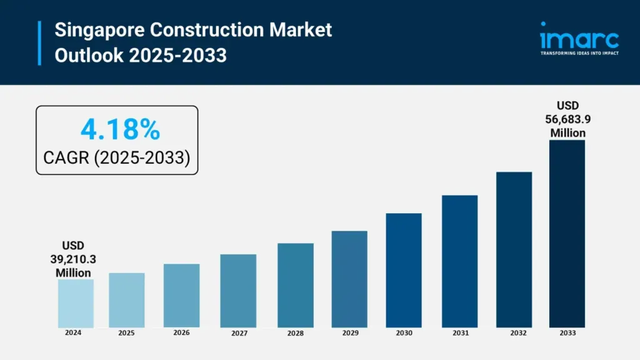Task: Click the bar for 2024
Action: (76, 303)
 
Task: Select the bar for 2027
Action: (238, 291)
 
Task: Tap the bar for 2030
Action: (404, 270)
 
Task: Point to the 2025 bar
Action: (127, 300)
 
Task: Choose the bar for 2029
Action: (349, 279)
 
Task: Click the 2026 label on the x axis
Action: (181, 333)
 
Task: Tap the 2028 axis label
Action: (296, 334)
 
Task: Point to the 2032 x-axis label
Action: (514, 334)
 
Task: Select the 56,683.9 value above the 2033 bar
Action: (567, 119)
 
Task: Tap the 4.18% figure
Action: (120, 129)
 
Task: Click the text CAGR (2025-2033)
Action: (116, 158)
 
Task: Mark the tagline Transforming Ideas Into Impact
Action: (579, 54)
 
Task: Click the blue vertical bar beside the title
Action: (39, 42)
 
